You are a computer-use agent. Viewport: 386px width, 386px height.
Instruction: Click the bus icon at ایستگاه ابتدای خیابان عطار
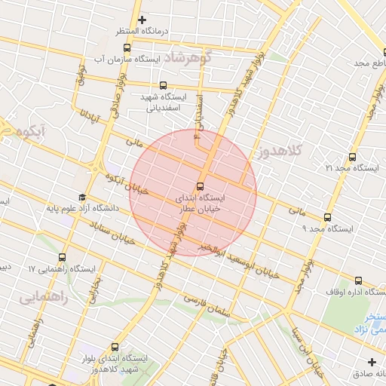200,185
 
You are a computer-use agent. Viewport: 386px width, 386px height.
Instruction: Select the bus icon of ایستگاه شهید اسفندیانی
164,86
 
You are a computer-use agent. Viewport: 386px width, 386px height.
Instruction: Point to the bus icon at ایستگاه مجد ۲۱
352,157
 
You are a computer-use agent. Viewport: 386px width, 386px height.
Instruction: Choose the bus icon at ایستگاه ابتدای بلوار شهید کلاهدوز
115,348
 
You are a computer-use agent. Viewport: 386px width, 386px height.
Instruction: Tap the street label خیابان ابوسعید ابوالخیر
240,262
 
